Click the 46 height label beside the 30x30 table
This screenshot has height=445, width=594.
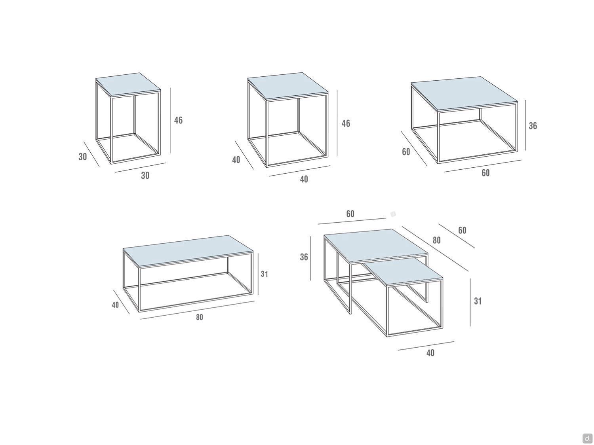(x=178, y=120)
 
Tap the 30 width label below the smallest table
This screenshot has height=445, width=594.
(x=145, y=176)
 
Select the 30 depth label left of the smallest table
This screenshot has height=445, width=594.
(x=83, y=157)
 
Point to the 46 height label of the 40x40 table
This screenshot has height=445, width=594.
(x=346, y=123)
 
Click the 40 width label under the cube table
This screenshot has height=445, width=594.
(x=304, y=179)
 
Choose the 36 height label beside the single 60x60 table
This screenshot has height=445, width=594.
(x=533, y=126)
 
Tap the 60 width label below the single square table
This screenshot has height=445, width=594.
(x=485, y=173)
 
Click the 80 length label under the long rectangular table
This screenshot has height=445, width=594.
(x=200, y=317)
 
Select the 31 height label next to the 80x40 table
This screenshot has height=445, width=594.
(x=265, y=274)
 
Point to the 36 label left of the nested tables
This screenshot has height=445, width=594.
(x=304, y=257)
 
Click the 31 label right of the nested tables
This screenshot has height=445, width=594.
(x=478, y=301)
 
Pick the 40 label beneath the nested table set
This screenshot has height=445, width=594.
(x=430, y=353)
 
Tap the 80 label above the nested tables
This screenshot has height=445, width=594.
(x=436, y=240)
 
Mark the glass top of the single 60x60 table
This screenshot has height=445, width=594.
(x=465, y=93)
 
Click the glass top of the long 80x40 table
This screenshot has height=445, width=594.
(x=188, y=252)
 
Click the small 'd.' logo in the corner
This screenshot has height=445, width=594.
(x=587, y=437)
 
